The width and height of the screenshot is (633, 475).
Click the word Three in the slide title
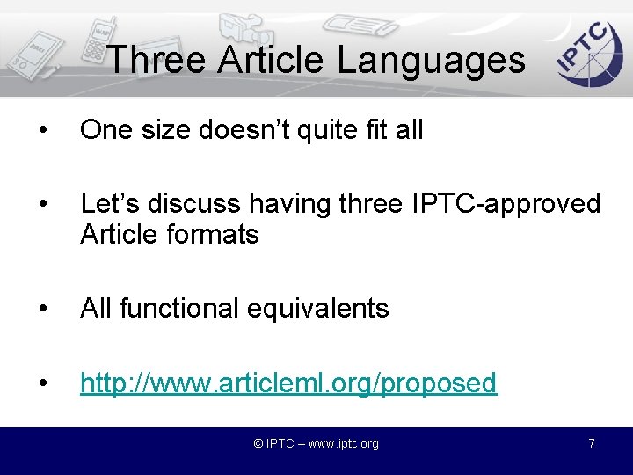156,60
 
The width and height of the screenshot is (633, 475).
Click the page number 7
592,443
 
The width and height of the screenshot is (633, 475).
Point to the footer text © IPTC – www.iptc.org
316,443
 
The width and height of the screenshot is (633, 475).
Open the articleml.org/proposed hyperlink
288,384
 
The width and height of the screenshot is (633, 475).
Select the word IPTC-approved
506,204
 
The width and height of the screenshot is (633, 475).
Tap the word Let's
107,204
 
